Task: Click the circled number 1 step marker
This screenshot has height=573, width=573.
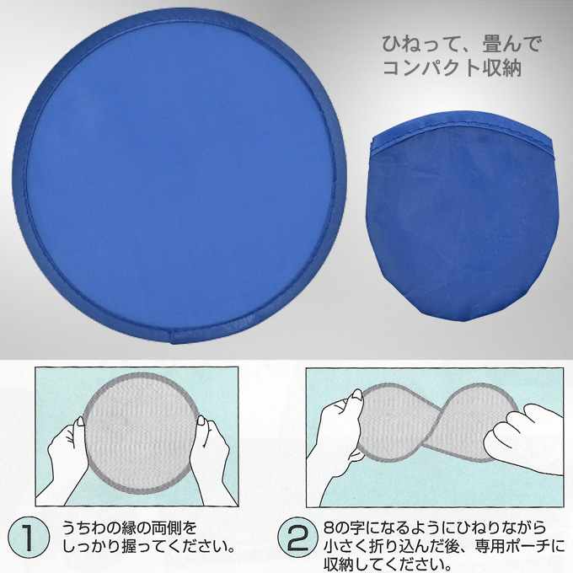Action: [x=29, y=538]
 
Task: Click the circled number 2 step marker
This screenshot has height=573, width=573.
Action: [x=298, y=538]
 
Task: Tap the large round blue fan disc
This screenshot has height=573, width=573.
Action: [x=179, y=175]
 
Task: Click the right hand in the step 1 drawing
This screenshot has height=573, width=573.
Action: [x=212, y=457]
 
